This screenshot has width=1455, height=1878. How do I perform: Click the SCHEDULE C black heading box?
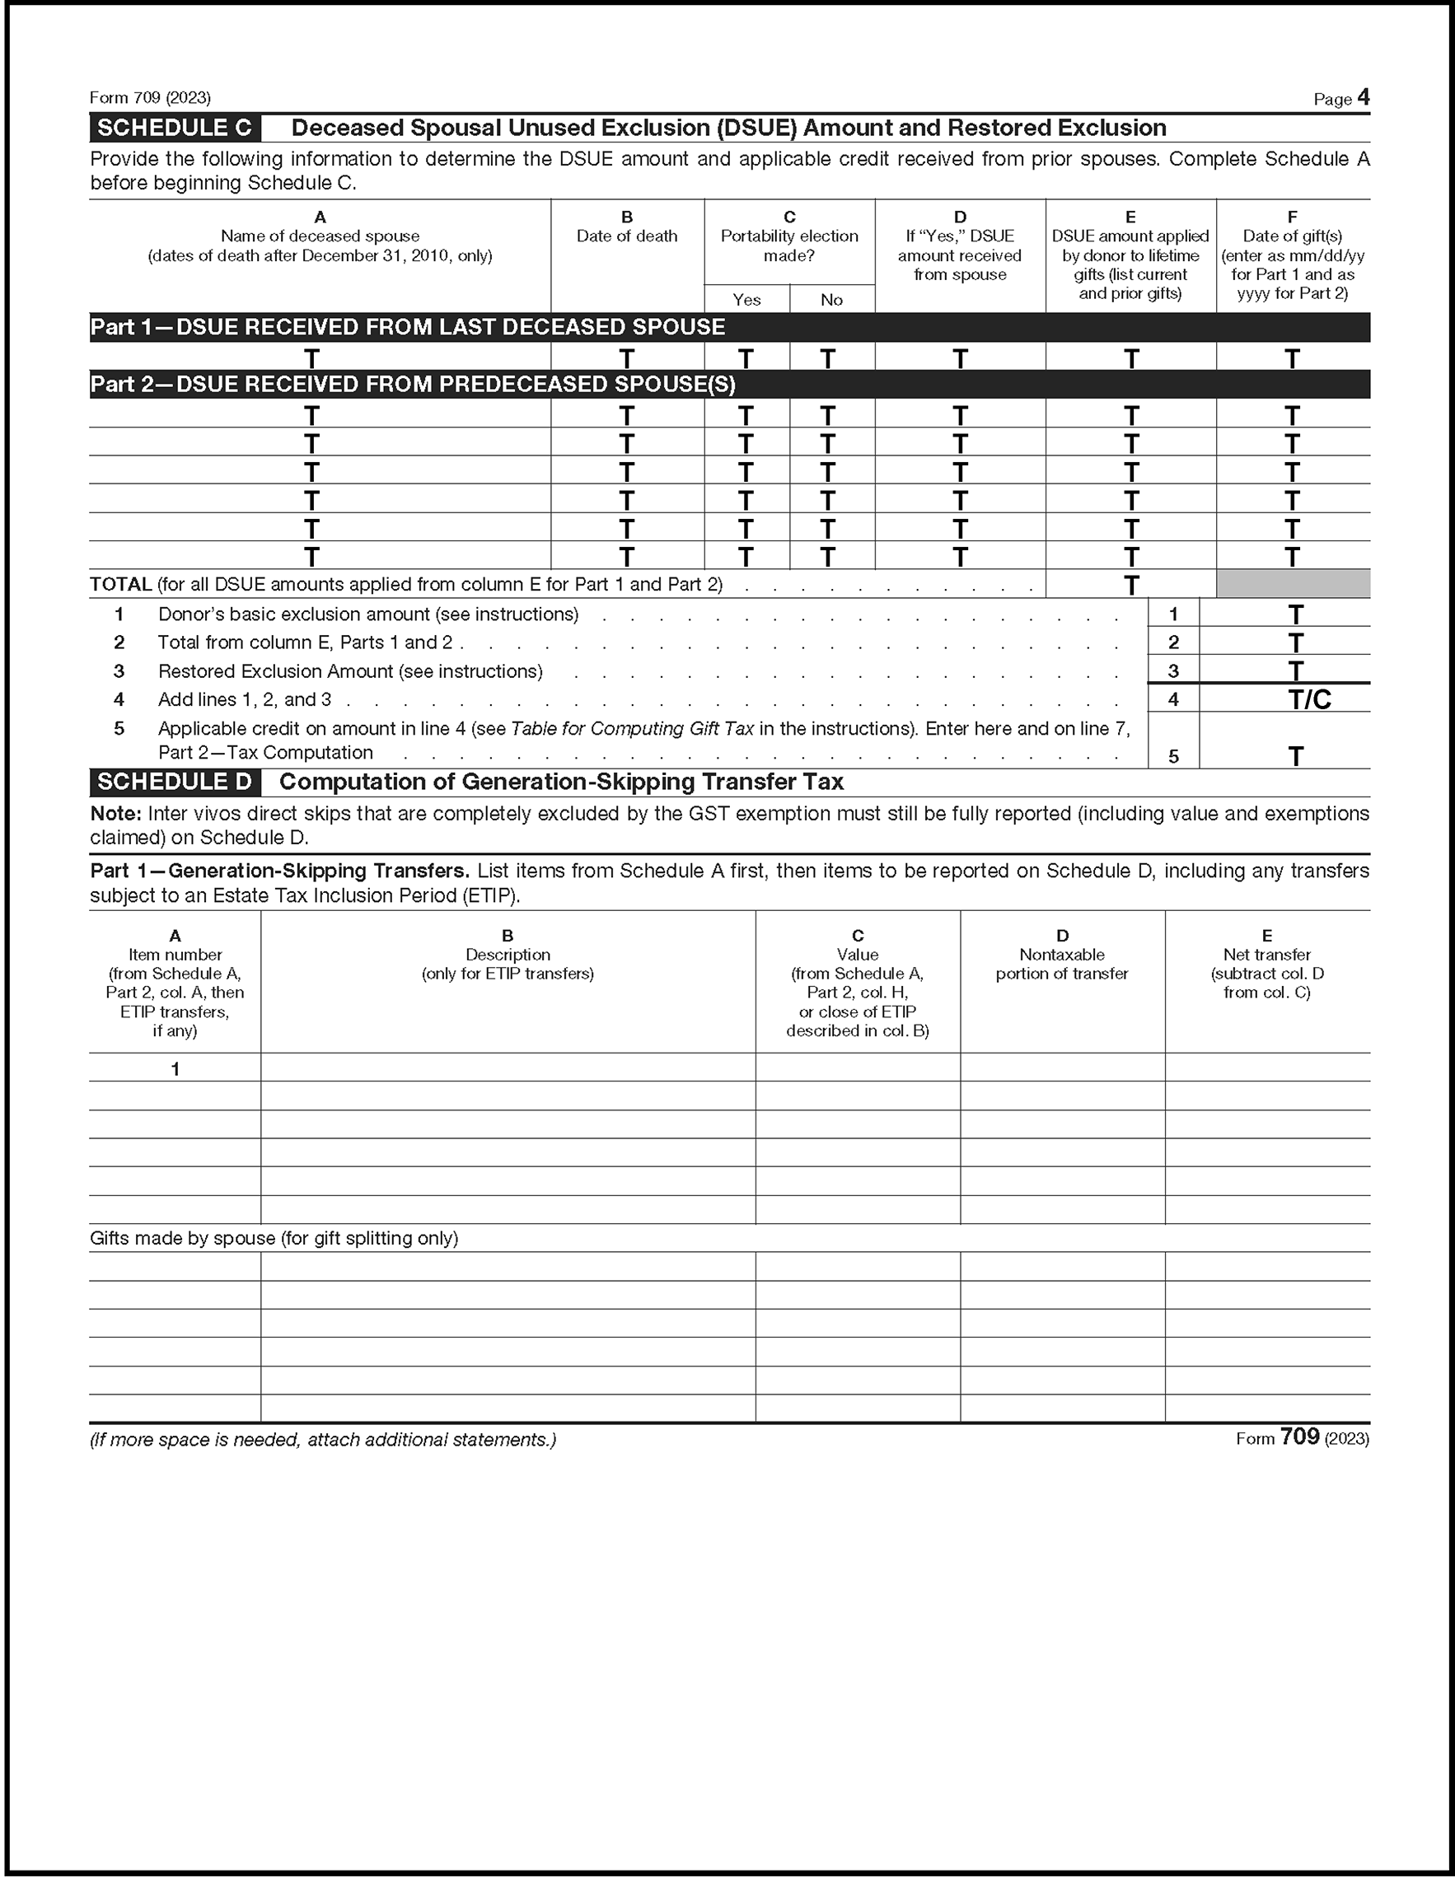175,128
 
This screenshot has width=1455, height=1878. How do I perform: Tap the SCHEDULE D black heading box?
175,782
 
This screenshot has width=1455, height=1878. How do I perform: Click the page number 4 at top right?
1363,97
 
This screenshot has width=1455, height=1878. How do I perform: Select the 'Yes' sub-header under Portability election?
746,299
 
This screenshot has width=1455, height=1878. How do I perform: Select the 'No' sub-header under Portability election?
831,299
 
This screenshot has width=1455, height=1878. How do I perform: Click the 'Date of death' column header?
627,236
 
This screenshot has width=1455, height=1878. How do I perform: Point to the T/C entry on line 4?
1310,700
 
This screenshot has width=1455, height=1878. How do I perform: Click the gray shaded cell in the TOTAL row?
1293,584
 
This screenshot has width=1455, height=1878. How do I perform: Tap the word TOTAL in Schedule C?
121,585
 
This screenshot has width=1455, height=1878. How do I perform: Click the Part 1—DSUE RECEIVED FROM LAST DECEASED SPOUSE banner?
409,328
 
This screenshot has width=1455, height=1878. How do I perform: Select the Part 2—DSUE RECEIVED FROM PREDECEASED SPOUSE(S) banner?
414,385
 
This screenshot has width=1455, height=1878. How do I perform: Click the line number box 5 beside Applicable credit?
1173,757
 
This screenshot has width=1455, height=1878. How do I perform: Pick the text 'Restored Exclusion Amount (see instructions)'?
350,671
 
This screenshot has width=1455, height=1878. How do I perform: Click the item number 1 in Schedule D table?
175,1069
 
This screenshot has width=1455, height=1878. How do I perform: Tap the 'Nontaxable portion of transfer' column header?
1062,964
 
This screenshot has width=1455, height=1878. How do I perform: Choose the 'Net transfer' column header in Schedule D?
1266,955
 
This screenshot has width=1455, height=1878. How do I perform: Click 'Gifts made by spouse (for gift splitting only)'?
274,1238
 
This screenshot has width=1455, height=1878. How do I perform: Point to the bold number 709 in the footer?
1299,1437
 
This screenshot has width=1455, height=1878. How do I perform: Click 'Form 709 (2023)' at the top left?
151,98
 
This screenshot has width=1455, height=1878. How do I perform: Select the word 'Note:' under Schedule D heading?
115,814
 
